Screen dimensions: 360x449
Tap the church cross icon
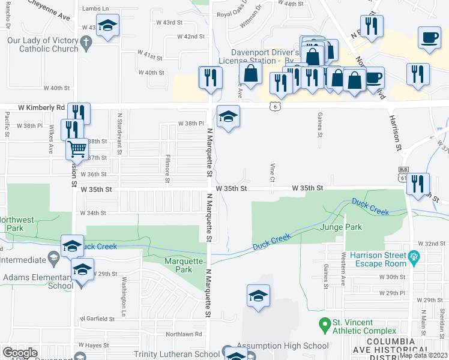coord(86,42)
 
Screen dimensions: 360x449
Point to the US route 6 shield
coord(274,106)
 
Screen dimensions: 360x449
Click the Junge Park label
coord(341,227)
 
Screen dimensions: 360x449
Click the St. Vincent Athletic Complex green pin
coord(325,325)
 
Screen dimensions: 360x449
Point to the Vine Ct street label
coord(273,172)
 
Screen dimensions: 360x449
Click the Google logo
coord(20,352)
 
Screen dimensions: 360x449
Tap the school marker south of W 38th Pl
coord(228,116)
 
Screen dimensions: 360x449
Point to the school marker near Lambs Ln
coord(108,26)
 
